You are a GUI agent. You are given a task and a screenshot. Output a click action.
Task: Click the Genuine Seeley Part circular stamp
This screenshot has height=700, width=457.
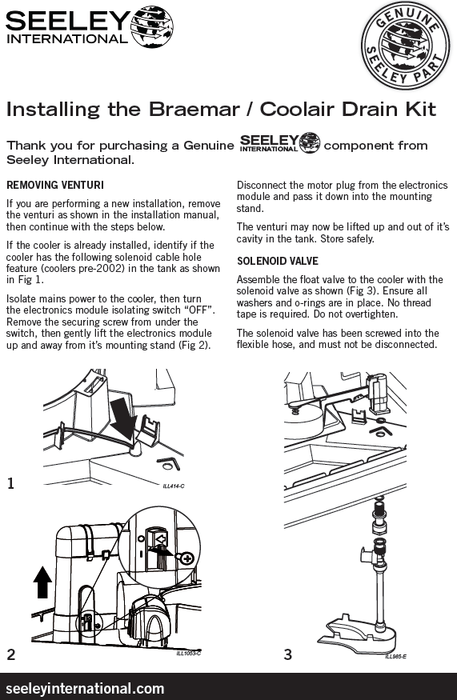[x=405, y=45]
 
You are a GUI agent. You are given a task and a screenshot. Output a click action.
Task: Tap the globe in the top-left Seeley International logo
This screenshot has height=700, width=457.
[x=152, y=26]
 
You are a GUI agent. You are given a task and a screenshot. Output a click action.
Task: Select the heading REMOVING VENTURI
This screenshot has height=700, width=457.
[x=55, y=185]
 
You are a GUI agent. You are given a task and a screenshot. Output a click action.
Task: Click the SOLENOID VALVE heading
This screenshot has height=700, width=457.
[x=278, y=261]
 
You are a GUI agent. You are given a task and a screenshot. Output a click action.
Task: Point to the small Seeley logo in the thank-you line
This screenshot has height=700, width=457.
[x=280, y=143]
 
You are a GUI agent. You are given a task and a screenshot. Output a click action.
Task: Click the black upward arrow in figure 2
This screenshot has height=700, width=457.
[x=42, y=582]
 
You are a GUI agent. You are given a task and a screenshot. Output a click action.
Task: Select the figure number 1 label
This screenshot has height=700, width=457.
[x=10, y=483]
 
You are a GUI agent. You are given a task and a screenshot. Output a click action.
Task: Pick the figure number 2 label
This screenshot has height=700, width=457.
[x=11, y=654]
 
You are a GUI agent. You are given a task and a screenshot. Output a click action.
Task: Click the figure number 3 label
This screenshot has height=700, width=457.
[x=288, y=654]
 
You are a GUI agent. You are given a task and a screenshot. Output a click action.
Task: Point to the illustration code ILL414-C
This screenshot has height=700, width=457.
[x=174, y=486]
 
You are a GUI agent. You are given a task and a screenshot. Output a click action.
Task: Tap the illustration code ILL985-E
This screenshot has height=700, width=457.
[x=396, y=656]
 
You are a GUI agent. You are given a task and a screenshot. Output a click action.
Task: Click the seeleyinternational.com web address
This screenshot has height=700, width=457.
[x=86, y=688]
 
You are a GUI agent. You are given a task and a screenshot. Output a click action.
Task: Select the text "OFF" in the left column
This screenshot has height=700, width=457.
[x=194, y=310]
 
